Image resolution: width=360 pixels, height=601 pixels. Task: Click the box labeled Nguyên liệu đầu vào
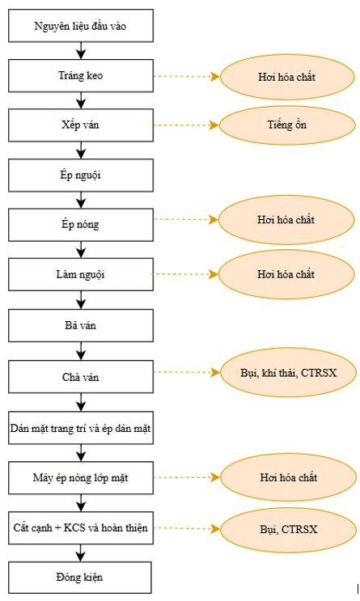point(81,26)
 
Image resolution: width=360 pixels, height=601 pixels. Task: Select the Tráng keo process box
point(81,75)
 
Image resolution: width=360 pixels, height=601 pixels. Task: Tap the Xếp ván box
point(81,125)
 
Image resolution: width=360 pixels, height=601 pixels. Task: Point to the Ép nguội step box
point(81,176)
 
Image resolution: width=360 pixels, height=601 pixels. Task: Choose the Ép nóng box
point(81,225)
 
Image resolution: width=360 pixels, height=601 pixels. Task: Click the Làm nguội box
point(81,274)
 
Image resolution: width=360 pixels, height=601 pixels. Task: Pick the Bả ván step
point(81,325)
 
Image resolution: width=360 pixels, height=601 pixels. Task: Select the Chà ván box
point(81,377)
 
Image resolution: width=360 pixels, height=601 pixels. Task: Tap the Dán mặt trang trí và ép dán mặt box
point(81,428)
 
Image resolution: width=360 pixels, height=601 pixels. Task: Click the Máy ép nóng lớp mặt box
point(81,477)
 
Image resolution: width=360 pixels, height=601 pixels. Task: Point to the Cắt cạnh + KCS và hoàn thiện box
point(81,527)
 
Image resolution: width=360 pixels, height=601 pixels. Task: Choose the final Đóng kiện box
point(80,578)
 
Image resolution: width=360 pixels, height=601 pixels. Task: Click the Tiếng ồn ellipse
point(287,125)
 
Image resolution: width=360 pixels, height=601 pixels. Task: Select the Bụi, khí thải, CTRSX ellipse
point(288,373)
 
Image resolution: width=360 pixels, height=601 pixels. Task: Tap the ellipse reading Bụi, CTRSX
point(289,529)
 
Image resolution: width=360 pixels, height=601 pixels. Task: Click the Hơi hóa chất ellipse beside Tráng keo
point(287,77)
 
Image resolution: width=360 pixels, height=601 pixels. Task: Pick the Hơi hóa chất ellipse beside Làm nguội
point(286,274)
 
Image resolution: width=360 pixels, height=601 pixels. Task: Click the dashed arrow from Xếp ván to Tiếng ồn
point(186,125)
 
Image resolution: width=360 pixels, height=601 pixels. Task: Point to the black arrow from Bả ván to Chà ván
point(81,351)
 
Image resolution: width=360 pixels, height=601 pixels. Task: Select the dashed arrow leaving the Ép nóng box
point(186,220)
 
